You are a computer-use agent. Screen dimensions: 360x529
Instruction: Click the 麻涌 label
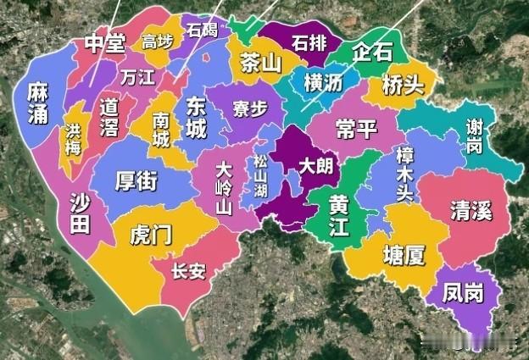click(x=36, y=102)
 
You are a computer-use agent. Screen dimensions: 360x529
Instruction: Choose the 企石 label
click(x=372, y=52)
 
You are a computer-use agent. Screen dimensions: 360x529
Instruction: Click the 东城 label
click(x=195, y=118)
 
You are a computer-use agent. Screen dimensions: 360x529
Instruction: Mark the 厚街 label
click(x=136, y=181)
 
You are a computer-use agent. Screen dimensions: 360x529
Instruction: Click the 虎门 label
click(x=150, y=235)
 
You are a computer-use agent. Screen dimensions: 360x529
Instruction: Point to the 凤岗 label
click(x=463, y=294)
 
